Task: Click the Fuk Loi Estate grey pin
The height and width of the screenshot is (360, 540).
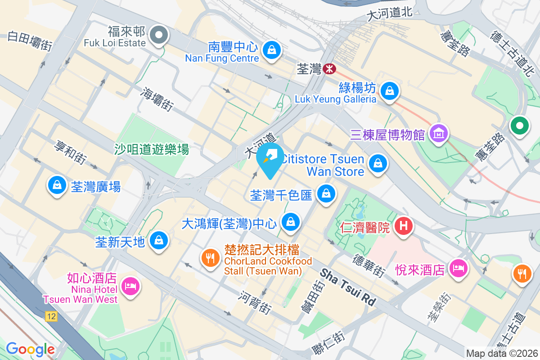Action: tap(158, 35)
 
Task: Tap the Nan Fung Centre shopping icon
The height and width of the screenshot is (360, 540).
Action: tap(272, 49)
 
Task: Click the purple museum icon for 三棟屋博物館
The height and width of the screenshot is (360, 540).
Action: tap(438, 134)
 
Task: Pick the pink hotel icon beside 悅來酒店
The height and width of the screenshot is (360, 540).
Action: tap(458, 269)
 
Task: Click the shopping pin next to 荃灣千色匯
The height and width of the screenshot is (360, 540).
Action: tap(326, 194)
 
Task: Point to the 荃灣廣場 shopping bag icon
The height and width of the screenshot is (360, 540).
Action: tap(57, 185)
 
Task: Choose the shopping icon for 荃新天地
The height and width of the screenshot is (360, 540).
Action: tap(159, 240)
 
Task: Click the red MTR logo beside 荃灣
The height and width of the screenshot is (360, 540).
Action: tap(330, 68)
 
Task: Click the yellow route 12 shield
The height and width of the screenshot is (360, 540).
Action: tap(51, 317)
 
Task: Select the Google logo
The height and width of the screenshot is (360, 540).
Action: tap(30, 349)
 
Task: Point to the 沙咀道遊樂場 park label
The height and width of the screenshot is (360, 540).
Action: tap(152, 149)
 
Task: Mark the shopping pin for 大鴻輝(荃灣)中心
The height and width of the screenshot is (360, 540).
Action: tap(291, 222)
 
